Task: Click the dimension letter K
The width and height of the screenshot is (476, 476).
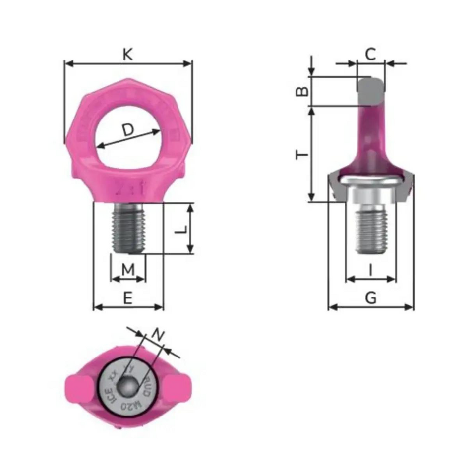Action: tap(128, 55)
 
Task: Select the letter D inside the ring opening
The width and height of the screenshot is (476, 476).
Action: tap(128, 130)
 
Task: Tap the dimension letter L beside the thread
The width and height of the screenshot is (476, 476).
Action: tap(182, 229)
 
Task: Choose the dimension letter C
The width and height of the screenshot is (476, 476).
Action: tap(371, 55)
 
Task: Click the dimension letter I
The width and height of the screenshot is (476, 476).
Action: tap(371, 270)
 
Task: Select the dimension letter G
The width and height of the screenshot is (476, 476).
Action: tap(371, 297)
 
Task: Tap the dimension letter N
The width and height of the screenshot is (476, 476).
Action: tap(157, 335)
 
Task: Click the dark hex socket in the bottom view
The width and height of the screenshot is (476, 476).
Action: tap(128, 386)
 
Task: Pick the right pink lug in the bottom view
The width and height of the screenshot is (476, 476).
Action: tap(178, 386)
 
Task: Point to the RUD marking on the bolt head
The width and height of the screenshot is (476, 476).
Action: tap(148, 387)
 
